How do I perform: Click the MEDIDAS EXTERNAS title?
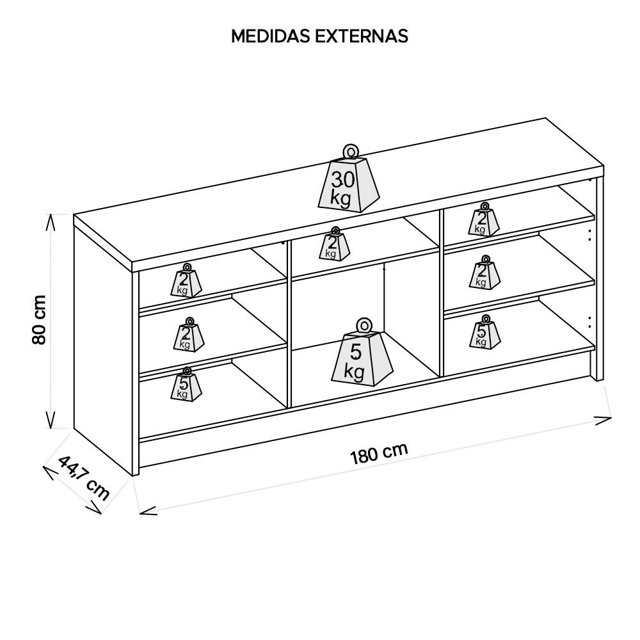(x=319, y=36)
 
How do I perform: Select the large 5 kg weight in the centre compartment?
(x=362, y=358)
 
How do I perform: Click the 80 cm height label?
(x=39, y=320)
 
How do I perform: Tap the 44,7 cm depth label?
(x=84, y=477)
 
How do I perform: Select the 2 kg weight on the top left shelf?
(x=187, y=282)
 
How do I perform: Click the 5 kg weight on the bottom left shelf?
(x=186, y=386)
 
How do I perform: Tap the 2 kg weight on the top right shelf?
(x=484, y=221)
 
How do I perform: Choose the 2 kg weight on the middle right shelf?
(x=484, y=275)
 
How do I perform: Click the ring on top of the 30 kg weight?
(x=349, y=151)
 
